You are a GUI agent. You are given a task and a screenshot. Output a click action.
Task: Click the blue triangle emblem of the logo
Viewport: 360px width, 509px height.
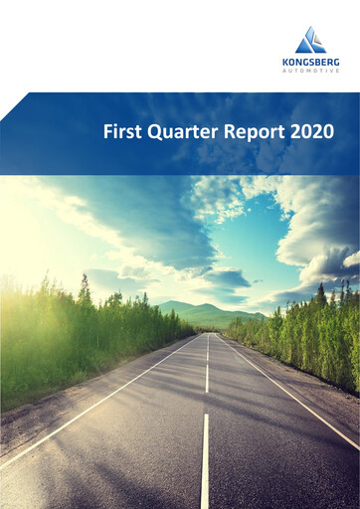pos(310,40)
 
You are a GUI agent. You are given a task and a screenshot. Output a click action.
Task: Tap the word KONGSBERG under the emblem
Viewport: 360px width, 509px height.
pos(310,61)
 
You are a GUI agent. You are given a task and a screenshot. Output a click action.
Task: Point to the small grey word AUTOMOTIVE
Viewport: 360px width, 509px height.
pos(310,70)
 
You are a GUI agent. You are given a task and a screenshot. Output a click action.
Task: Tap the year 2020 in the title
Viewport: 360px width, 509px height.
pos(310,131)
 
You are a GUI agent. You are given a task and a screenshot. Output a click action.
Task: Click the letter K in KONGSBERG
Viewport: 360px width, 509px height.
pos(285,61)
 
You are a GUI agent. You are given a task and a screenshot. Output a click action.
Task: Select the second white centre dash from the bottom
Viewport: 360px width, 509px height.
pos(206,377)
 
